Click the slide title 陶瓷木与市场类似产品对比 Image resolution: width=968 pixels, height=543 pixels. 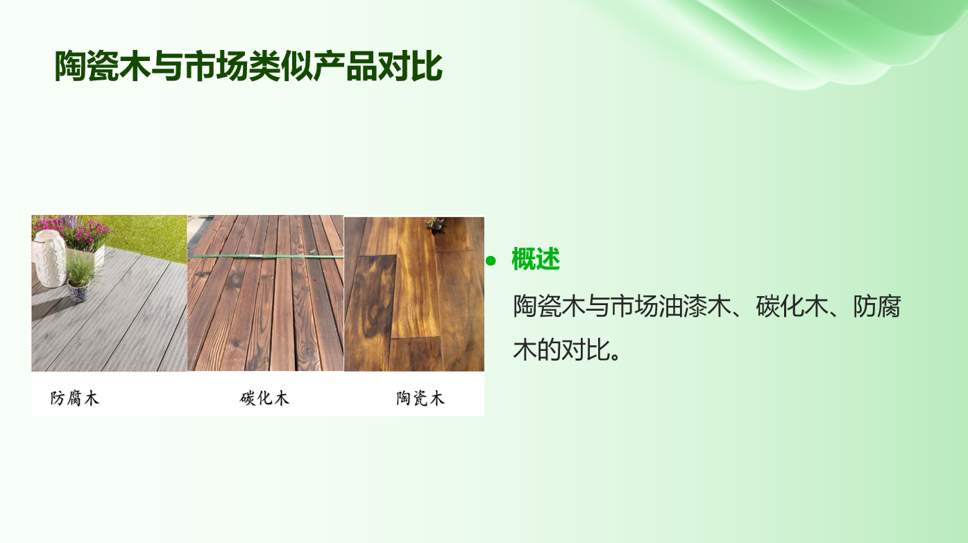point(248,66)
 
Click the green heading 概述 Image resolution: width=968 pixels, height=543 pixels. point(536,259)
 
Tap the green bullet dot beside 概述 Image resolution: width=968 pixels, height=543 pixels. point(491,261)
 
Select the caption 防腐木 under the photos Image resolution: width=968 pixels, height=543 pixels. point(75,398)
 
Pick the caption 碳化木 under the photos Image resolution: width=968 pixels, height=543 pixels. point(264,398)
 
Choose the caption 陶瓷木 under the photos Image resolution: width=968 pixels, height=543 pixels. point(421,398)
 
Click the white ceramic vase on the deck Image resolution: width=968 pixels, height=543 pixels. point(49,259)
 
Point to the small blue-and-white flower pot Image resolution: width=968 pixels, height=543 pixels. point(78,291)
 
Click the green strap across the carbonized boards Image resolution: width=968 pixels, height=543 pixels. point(266,257)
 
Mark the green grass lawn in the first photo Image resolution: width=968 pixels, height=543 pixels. point(147,235)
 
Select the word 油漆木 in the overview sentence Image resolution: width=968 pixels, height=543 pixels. point(694,307)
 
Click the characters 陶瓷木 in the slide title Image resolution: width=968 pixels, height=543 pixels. point(103,66)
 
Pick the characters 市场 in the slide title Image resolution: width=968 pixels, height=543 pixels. point(216,66)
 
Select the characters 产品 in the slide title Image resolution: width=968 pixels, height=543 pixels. point(346,66)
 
